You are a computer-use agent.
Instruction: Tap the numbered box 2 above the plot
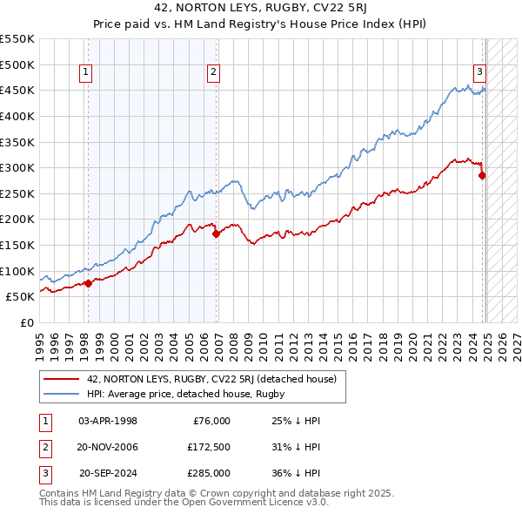pyautogui.click(x=213, y=73)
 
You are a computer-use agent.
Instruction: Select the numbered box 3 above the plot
pyautogui.click(x=479, y=73)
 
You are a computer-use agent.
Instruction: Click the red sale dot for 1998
pyautogui.click(x=88, y=283)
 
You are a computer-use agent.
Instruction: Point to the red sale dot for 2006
pyautogui.click(x=217, y=233)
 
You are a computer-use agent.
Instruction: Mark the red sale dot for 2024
pyautogui.click(x=482, y=175)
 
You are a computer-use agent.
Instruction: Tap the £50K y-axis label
pyautogui.click(x=20, y=297)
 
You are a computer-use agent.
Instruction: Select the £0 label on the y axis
pyautogui.click(x=25, y=322)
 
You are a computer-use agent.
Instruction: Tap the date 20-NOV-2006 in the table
pyautogui.click(x=108, y=447)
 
